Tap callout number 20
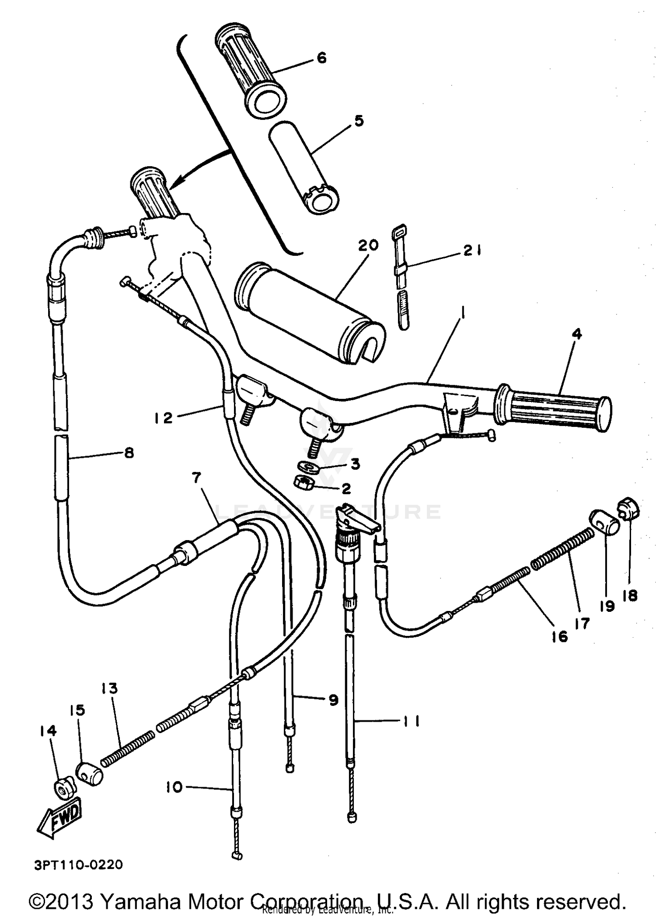coord(368,246)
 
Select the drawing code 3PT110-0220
coord(78,865)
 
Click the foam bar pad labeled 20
coord(308,314)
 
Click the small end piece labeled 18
coord(628,509)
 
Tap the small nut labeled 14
coord(64,788)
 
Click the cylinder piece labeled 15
coord(90,774)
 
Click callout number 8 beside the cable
coord(129,453)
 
